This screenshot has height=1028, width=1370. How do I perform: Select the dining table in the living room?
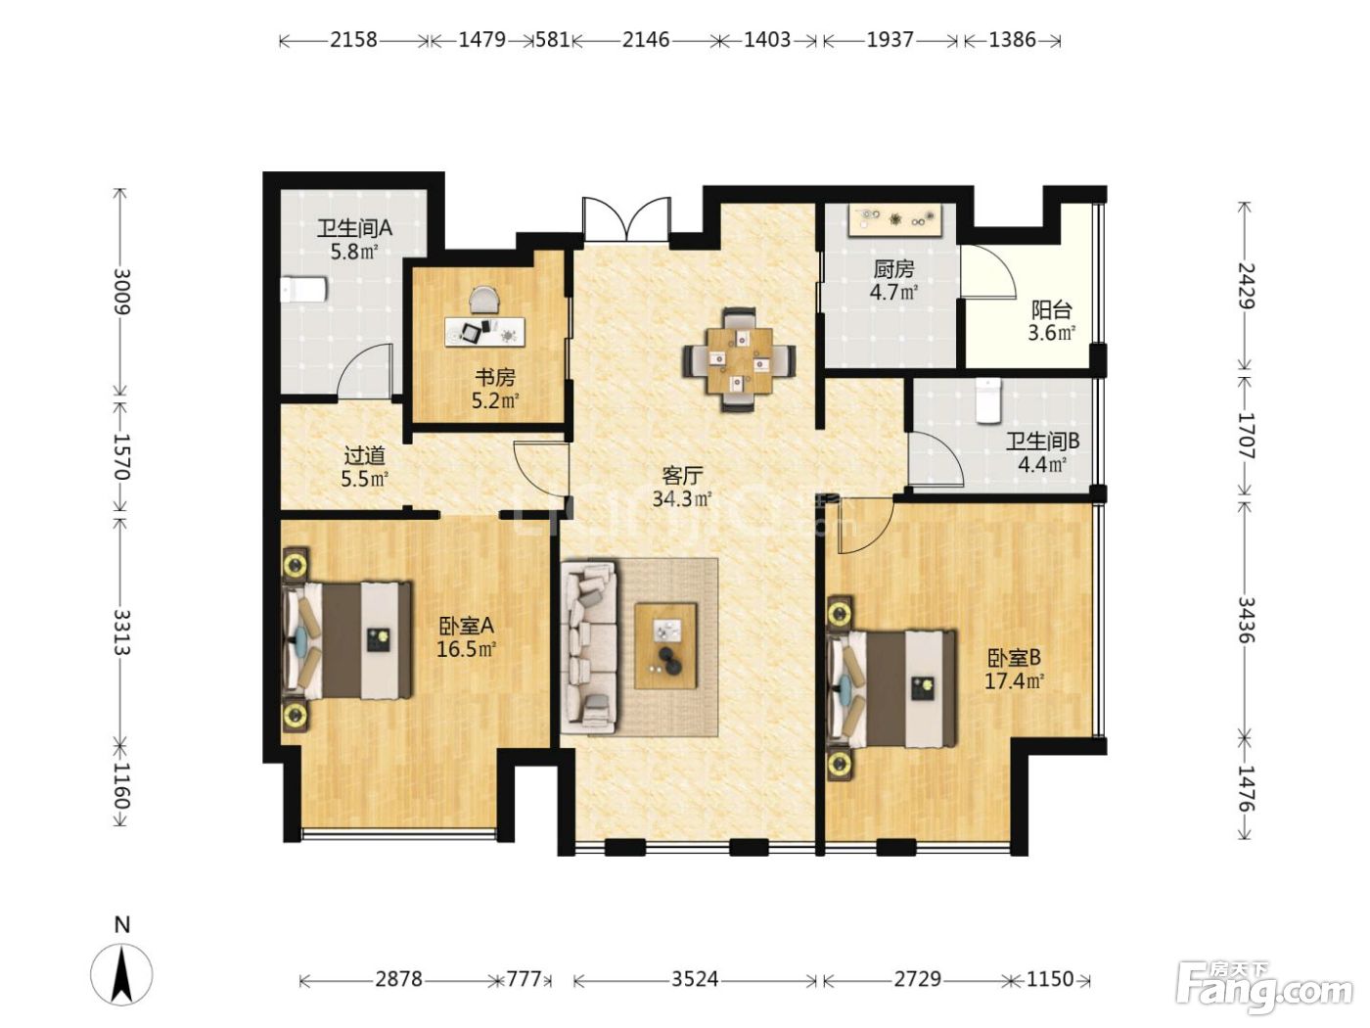pyautogui.click(x=739, y=360)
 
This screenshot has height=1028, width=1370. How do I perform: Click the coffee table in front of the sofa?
pyautogui.click(x=665, y=645)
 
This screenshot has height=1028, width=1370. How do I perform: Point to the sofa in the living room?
pyautogui.click(x=588, y=646)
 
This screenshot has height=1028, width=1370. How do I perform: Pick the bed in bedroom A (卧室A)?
pyautogui.click(x=346, y=639)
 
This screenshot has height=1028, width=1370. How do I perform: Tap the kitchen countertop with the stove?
pyautogui.click(x=893, y=220)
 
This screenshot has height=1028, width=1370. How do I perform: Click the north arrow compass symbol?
pyautogui.click(x=121, y=974)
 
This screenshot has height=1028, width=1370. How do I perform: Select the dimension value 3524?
pyautogui.click(x=694, y=979)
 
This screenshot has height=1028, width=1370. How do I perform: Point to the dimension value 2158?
pyautogui.click(x=353, y=40)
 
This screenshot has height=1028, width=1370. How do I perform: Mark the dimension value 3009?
pyautogui.click(x=121, y=292)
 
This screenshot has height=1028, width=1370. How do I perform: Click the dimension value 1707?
pyautogui.click(x=1245, y=435)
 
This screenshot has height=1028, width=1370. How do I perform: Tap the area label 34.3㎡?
pyautogui.click(x=682, y=499)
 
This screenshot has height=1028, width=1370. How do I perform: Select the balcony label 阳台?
pyautogui.click(x=1052, y=309)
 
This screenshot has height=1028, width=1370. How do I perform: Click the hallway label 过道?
pyautogui.click(x=365, y=456)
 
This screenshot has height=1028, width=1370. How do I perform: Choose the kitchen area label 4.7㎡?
pyautogui.click(x=893, y=292)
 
